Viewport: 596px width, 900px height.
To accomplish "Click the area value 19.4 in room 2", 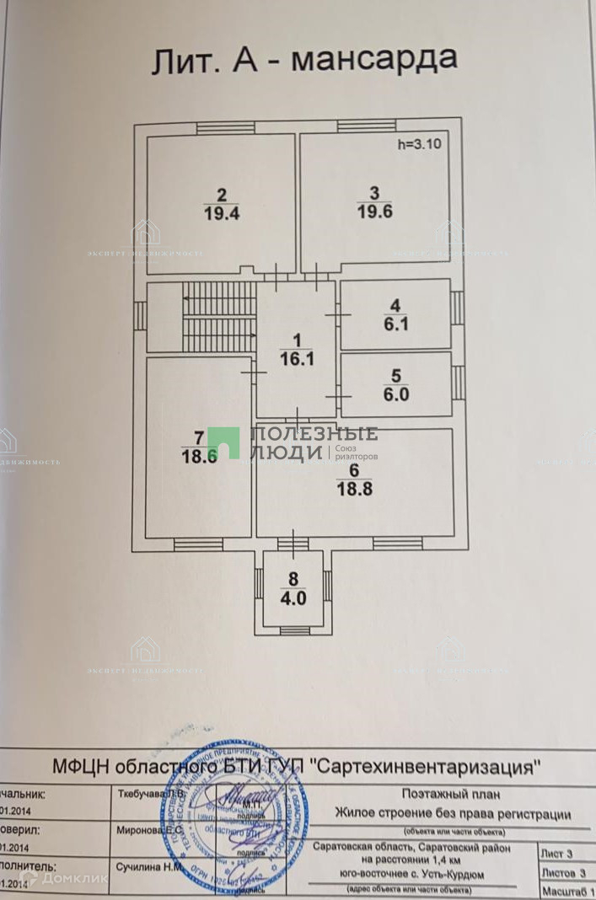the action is (x=221, y=213).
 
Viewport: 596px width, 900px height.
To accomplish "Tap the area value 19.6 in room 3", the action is (x=374, y=212).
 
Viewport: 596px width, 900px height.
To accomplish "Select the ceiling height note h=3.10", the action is (x=419, y=144).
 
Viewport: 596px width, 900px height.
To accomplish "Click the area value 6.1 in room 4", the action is (x=395, y=323).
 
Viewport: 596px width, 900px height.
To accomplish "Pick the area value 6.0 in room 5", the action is (x=395, y=394).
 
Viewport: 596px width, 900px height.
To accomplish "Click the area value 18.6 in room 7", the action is (x=199, y=455).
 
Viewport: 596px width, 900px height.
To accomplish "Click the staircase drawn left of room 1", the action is (x=219, y=317).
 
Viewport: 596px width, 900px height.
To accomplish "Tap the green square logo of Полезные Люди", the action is (x=223, y=443).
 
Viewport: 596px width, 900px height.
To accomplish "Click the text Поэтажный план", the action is (x=451, y=794).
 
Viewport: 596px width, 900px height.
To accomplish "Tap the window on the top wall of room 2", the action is (x=225, y=127).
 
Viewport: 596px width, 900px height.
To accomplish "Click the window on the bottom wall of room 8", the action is (x=293, y=630).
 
